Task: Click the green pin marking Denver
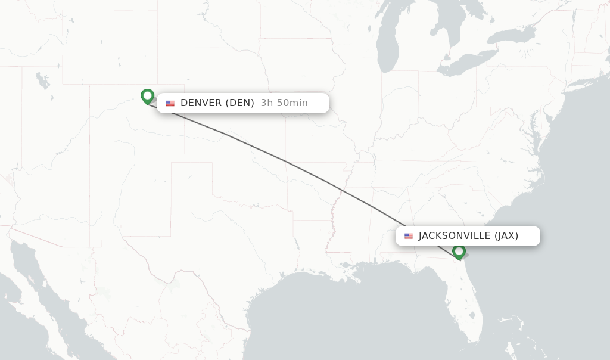pos(147,96)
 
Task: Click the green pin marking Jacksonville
pos(459,252)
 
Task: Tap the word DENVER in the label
pos(201,103)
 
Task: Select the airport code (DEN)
pos(240,103)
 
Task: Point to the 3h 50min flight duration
pos(284,103)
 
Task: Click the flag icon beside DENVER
pos(170,103)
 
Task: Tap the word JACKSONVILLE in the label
pos(455,236)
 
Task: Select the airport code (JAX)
pos(506,236)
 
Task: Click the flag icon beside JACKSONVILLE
pos(409,236)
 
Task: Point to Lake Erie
pos(471,63)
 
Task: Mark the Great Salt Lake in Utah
pos(42,80)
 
